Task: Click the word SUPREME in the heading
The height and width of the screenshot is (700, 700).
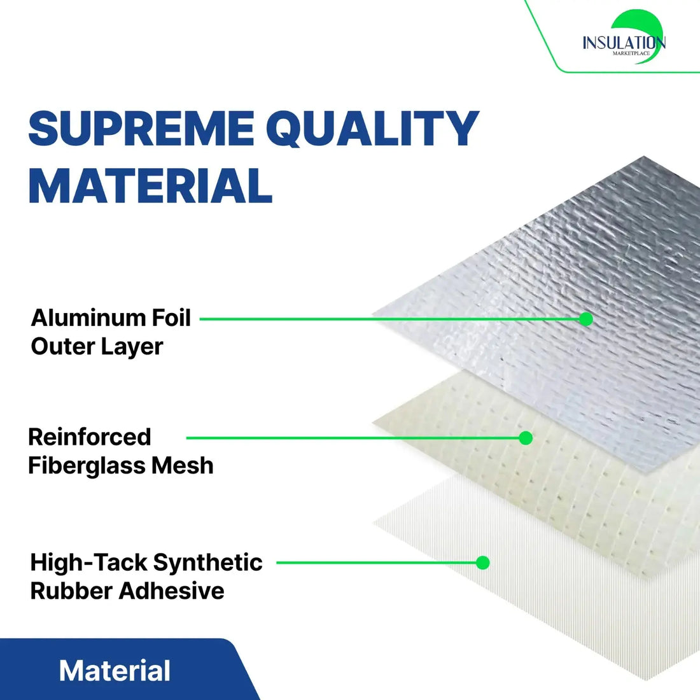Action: click(141, 129)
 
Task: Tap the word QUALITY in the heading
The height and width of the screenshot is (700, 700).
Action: click(377, 129)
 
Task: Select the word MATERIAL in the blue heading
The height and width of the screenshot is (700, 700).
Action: click(150, 186)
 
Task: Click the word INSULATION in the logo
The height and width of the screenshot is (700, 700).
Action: click(624, 43)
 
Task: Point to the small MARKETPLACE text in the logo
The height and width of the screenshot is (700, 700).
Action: click(631, 53)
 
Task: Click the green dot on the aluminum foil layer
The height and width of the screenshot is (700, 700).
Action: click(585, 319)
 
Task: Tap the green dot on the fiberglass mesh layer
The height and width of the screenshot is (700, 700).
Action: click(526, 438)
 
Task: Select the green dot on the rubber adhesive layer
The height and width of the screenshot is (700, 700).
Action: click(483, 563)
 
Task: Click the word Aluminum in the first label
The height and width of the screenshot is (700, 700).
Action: click(88, 318)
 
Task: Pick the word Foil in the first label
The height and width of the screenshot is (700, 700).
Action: click(171, 318)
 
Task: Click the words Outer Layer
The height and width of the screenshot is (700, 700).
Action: click(97, 347)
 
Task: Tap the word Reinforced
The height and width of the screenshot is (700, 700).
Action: click(90, 437)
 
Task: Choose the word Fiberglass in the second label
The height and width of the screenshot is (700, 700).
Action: click(78, 466)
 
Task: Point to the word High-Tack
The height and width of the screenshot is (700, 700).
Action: click(88, 563)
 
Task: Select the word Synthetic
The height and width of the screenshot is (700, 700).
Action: click(207, 563)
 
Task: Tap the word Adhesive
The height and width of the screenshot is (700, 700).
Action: click(172, 591)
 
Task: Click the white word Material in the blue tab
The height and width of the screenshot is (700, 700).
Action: click(115, 671)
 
